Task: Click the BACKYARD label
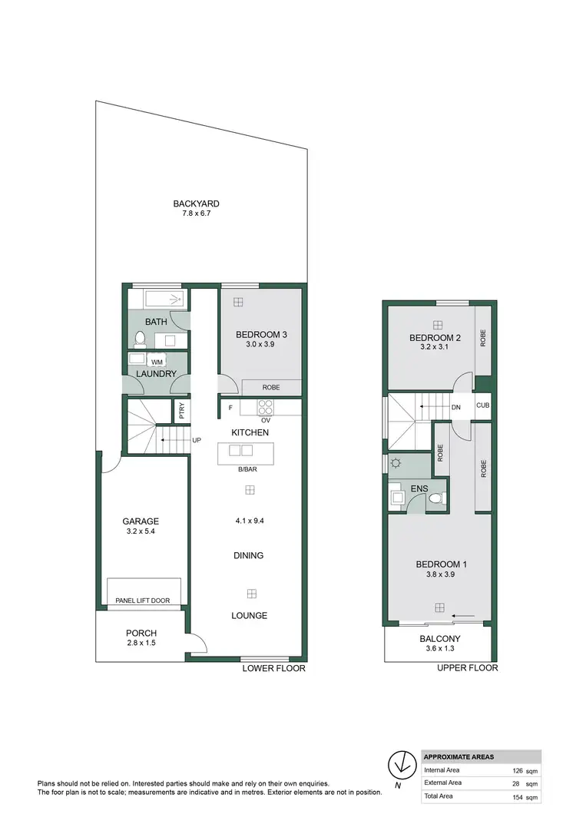click(196, 203)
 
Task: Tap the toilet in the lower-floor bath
click(140, 339)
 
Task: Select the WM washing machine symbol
click(157, 361)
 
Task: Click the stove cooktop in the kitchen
click(266, 407)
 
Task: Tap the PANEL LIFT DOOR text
click(142, 601)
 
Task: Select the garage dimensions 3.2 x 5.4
click(141, 531)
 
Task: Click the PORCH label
click(141, 634)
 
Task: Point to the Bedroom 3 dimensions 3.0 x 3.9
click(261, 346)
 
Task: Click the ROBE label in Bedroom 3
click(270, 388)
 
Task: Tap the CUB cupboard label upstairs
click(483, 405)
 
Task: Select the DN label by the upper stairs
click(456, 408)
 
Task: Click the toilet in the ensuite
click(436, 499)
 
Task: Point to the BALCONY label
click(440, 639)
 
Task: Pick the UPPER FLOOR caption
click(468, 668)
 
